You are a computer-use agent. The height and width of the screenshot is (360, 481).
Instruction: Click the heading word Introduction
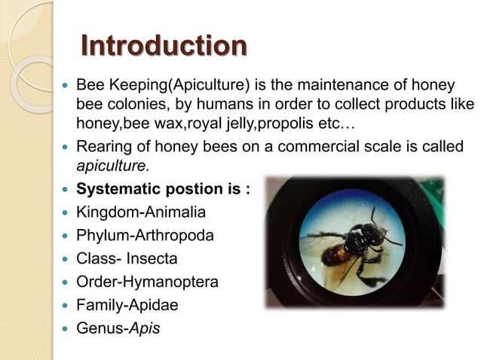pos(163,46)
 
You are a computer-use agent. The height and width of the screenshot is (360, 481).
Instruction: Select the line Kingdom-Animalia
pos(141,212)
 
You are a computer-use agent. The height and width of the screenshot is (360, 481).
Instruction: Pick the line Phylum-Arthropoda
pos(145,236)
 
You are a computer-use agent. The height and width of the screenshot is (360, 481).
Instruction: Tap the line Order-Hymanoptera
pos(148,282)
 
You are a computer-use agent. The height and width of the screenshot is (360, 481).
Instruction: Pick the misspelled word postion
pos(206,189)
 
